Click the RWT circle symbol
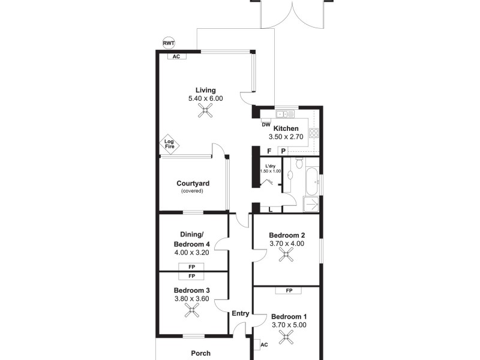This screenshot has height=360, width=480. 169,43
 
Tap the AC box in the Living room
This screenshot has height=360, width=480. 176,57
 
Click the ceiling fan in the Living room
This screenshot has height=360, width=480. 206,110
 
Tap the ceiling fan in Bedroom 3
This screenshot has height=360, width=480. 193,310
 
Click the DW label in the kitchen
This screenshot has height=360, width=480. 266,125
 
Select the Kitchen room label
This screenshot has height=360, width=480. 286,128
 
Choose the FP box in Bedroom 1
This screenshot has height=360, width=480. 289,291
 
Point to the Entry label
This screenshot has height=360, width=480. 240,313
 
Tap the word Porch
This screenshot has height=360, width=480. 200,353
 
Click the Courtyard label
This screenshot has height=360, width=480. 192,184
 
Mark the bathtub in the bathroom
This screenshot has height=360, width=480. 311,178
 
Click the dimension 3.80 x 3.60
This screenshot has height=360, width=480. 192,298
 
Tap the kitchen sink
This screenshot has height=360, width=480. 283,114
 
